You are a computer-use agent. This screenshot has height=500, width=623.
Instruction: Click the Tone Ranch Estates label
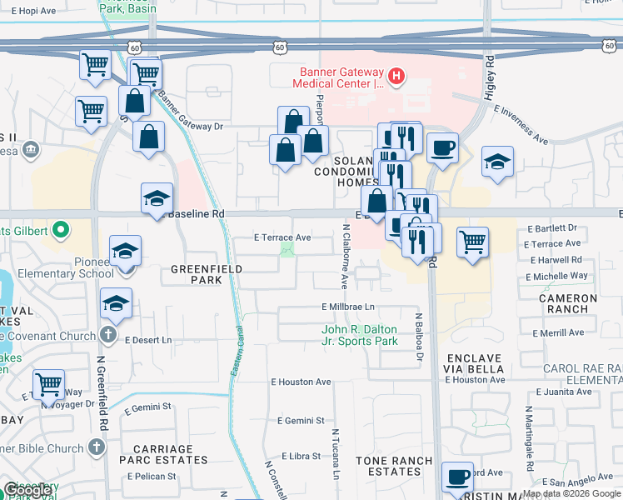click(394, 466)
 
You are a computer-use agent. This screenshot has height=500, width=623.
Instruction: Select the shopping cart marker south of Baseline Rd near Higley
click(472, 242)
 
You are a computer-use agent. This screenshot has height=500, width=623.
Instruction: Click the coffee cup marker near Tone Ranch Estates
click(457, 477)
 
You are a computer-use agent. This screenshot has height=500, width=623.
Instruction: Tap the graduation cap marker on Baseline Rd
click(157, 198)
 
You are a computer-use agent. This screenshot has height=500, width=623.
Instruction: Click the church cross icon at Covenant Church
click(107, 334)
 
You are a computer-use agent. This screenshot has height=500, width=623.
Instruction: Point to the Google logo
click(28, 490)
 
